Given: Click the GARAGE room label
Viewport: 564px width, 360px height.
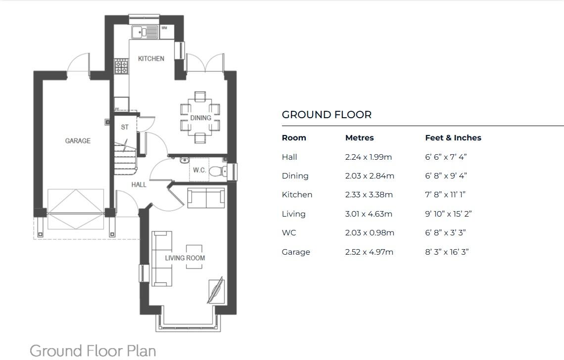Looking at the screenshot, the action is pyautogui.click(x=78, y=141).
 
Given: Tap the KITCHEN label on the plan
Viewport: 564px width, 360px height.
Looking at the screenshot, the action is pyautogui.click(x=151, y=59).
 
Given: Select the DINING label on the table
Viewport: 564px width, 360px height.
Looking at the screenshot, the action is pyautogui.click(x=200, y=118).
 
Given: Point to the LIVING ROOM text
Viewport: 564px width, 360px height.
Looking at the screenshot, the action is pyautogui.click(x=185, y=258).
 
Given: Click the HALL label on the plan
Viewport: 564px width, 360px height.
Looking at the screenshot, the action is pyautogui.click(x=139, y=185).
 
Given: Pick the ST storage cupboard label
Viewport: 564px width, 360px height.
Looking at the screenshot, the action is pyautogui.click(x=125, y=127).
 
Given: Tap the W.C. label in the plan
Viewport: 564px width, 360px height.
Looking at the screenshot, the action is pyautogui.click(x=199, y=170).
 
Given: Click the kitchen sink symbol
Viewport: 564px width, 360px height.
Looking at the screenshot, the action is pyautogui.click(x=144, y=32).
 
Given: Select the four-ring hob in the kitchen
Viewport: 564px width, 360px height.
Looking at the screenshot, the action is pyautogui.click(x=121, y=67).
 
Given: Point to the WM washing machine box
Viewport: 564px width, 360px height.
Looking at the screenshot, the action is pyautogui.click(x=167, y=32).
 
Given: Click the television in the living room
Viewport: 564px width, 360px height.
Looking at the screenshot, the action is pyautogui.click(x=216, y=290).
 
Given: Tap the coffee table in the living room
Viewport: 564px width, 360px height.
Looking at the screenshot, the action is pyautogui.click(x=194, y=257).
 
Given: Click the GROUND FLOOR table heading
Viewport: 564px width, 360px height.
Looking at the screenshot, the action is pyautogui.click(x=327, y=115).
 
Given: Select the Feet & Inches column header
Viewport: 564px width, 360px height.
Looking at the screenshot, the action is pyautogui.click(x=453, y=138).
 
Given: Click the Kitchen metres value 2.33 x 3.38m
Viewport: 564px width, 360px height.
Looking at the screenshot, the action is pyautogui.click(x=369, y=194).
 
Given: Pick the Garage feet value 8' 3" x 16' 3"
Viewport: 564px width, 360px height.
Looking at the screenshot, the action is pyautogui.click(x=447, y=252).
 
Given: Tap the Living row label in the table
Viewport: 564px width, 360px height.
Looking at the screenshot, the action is pyautogui.click(x=293, y=214).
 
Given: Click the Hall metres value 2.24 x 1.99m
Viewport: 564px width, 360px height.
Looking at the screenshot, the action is pyautogui.click(x=368, y=157).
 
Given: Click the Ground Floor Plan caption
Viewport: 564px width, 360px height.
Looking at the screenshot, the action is pyautogui.click(x=93, y=351).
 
